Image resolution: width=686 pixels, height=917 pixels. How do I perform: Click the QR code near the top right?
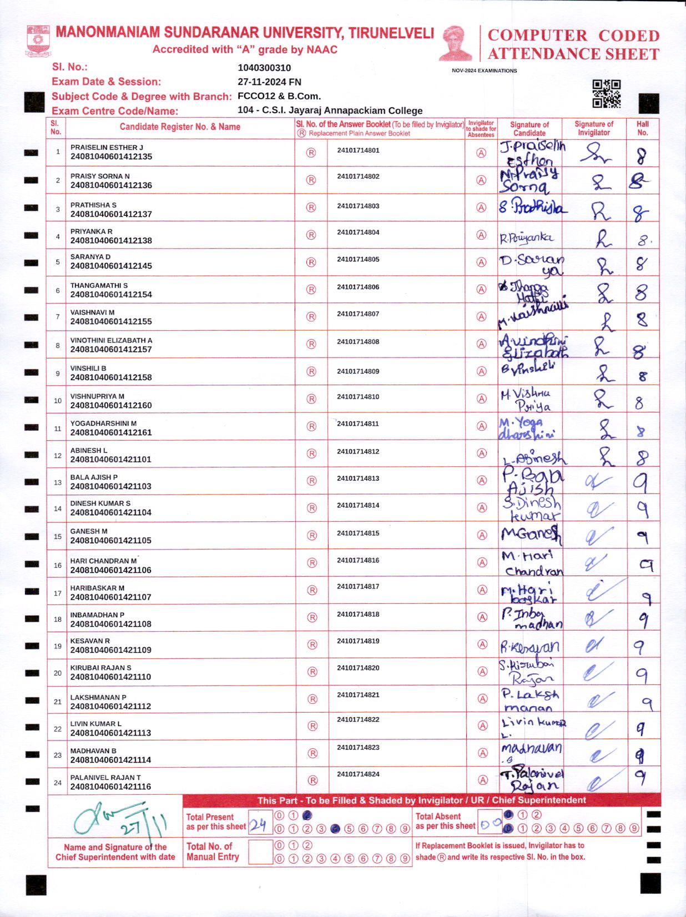(x=606, y=93)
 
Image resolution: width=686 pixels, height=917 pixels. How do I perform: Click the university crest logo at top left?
(x=38, y=40)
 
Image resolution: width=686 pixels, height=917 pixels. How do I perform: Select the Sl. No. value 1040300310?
(x=264, y=68)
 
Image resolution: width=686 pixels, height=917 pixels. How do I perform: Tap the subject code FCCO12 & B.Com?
(x=279, y=96)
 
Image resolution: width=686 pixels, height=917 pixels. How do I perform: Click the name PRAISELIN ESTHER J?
(x=107, y=148)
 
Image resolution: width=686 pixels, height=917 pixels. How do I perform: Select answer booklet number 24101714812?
(x=358, y=451)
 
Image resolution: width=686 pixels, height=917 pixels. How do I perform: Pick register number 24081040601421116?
(x=110, y=787)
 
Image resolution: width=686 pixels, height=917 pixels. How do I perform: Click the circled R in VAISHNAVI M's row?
(x=311, y=317)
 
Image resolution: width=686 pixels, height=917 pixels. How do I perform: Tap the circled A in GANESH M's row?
(x=482, y=535)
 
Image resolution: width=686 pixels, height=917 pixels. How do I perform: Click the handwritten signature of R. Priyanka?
(x=526, y=238)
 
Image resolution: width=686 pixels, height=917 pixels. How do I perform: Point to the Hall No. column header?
(x=642, y=128)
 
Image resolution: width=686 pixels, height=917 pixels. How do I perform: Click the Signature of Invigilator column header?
(x=593, y=128)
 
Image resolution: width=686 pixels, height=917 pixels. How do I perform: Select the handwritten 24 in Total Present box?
(x=258, y=825)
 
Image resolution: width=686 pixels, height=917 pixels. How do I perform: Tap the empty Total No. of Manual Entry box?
(x=260, y=852)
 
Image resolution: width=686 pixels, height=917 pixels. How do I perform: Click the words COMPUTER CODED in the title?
(x=573, y=36)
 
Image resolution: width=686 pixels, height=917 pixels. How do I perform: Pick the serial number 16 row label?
(x=58, y=565)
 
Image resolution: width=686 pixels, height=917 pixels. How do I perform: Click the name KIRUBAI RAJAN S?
(x=100, y=668)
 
